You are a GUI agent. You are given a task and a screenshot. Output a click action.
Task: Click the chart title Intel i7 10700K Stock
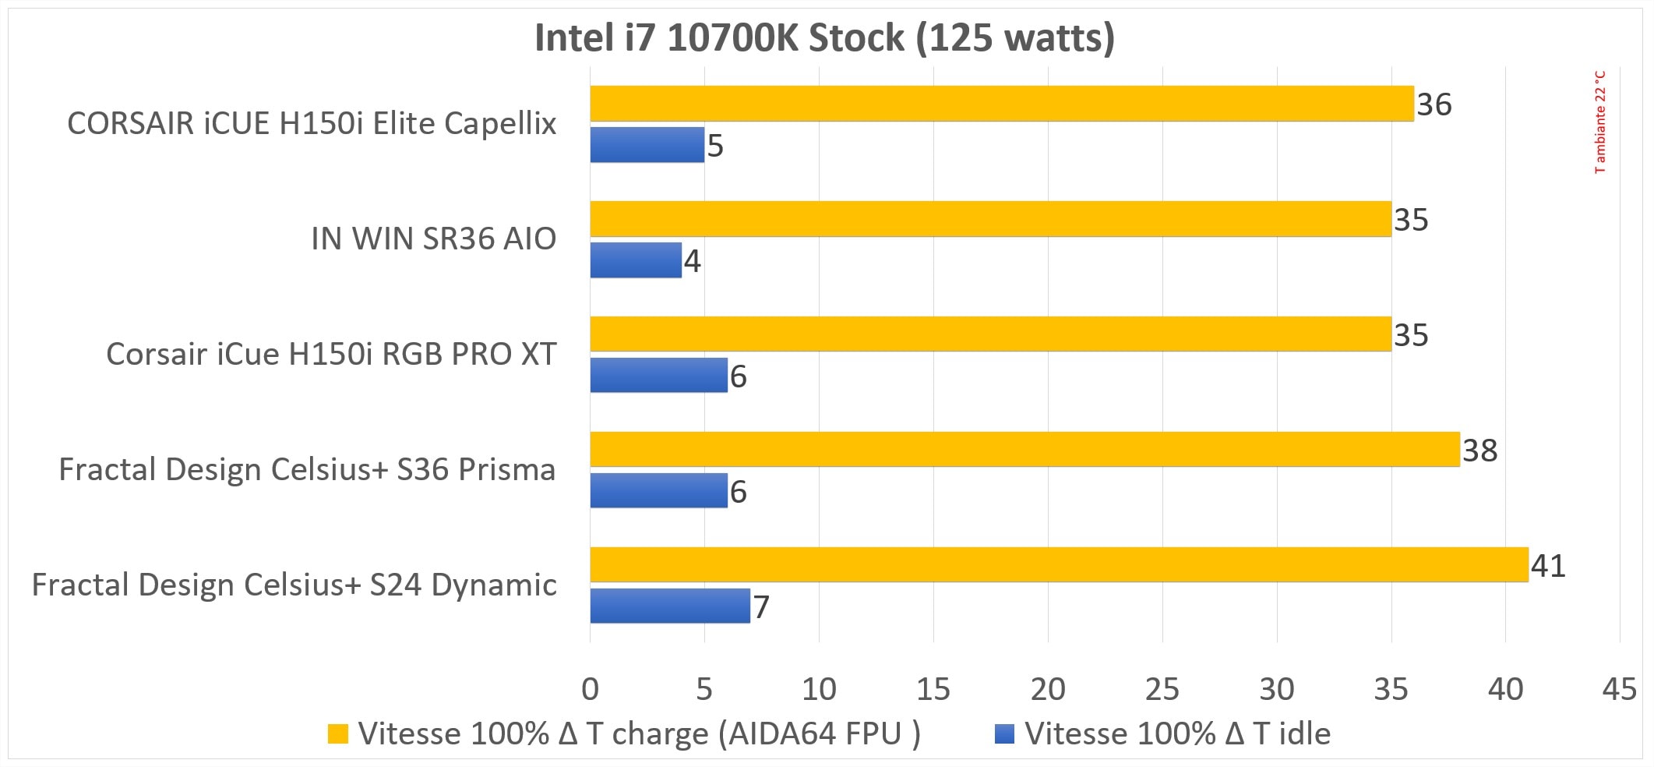pyautogui.click(x=824, y=38)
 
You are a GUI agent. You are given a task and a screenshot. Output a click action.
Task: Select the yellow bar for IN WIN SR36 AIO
pyautogui.click(x=989, y=219)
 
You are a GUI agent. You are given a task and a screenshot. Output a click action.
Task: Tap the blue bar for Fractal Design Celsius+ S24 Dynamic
pyautogui.click(x=669, y=606)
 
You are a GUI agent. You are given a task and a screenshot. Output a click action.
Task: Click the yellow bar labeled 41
pyautogui.click(x=1058, y=564)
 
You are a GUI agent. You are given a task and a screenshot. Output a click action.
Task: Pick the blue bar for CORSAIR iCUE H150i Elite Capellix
pyautogui.click(x=647, y=145)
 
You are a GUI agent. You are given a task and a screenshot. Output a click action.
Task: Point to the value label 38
pyautogui.click(x=1479, y=451)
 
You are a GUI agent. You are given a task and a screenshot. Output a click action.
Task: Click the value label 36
pyautogui.click(x=1434, y=104)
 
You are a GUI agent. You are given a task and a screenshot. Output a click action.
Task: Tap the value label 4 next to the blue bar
pyautogui.click(x=692, y=261)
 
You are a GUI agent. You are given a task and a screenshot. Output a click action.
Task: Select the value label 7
pyautogui.click(x=761, y=607)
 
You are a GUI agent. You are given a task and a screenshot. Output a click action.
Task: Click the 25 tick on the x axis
pyautogui.click(x=1162, y=689)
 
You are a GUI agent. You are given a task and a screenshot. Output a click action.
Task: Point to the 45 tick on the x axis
pyautogui.click(x=1619, y=689)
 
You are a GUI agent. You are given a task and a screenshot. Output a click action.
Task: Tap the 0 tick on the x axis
pyautogui.click(x=590, y=689)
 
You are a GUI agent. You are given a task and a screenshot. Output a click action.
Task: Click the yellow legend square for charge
pyautogui.click(x=337, y=734)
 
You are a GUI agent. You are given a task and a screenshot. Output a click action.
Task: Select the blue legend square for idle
pyautogui.click(x=1005, y=734)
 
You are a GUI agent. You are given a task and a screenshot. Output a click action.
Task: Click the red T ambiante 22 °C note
pyautogui.click(x=1599, y=122)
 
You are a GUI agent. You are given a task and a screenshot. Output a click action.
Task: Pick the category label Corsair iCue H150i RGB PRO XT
pyautogui.click(x=331, y=354)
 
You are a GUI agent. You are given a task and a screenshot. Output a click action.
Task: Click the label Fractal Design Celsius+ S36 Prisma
pyautogui.click(x=307, y=469)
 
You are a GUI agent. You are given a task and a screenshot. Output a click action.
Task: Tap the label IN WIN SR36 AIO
pyautogui.click(x=433, y=239)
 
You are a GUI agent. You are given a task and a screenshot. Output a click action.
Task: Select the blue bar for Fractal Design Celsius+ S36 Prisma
pyautogui.click(x=658, y=490)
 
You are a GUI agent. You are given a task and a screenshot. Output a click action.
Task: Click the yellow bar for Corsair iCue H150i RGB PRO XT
pyautogui.click(x=989, y=334)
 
